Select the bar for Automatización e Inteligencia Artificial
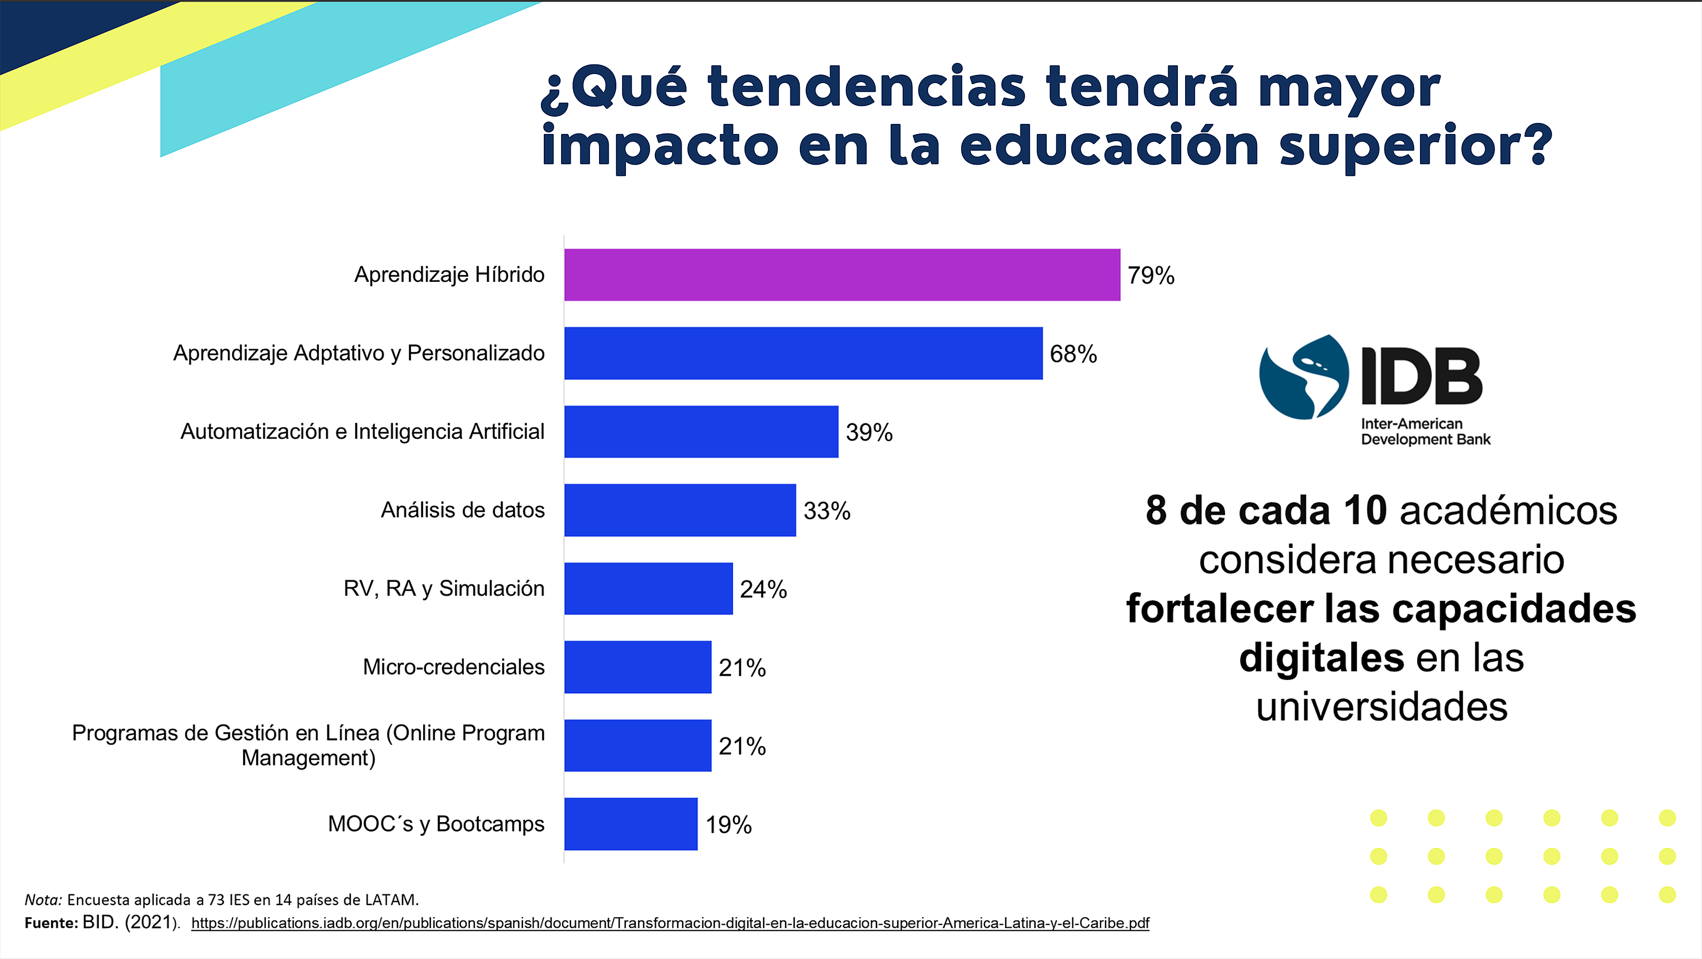click(x=701, y=431)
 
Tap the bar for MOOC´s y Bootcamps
click(x=630, y=824)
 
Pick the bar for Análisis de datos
click(x=680, y=510)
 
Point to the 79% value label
click(x=1151, y=276)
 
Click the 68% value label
click(x=1073, y=354)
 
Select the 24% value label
click(x=763, y=589)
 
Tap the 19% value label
click(x=728, y=825)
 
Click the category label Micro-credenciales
click(x=453, y=667)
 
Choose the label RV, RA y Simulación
click(x=443, y=588)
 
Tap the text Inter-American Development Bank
click(x=1425, y=432)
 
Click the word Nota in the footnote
click(x=43, y=899)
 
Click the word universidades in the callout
click(x=1382, y=707)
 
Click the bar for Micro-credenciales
click(x=637, y=667)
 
